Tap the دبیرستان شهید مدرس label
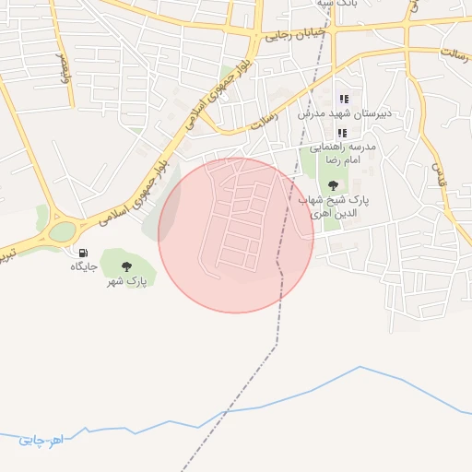point(344,113)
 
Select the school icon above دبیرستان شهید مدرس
point(344,99)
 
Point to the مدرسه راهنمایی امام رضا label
point(342,153)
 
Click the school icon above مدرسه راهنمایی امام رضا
point(342,133)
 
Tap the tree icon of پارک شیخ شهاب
point(333,186)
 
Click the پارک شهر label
point(125,281)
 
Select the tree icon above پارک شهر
point(126,265)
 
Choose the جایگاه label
point(84,267)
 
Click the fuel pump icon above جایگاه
point(84,253)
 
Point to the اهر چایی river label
point(41,440)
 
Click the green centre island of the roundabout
point(61,230)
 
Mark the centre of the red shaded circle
point(236,235)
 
